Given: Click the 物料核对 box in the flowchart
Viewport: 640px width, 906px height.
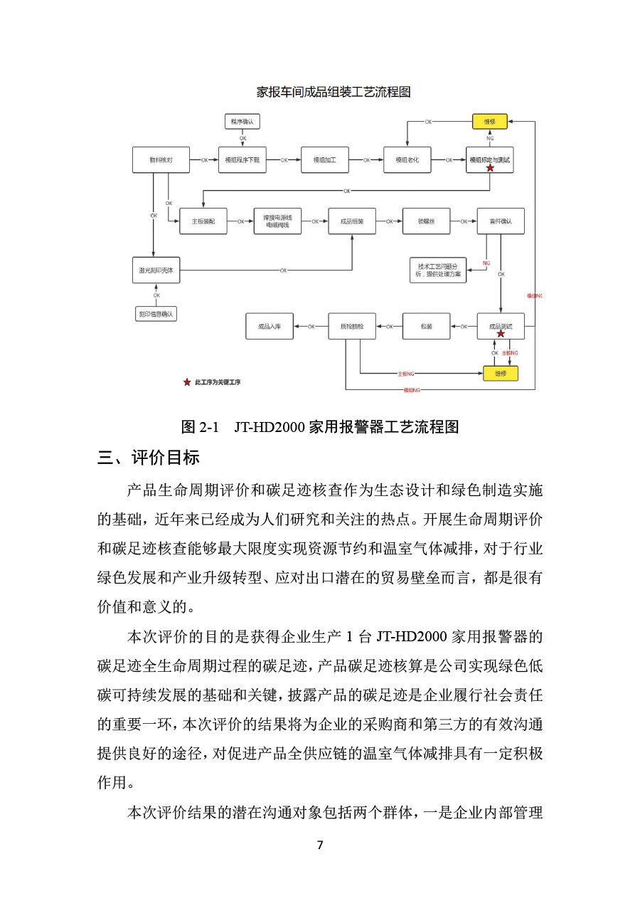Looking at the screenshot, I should click(161, 160).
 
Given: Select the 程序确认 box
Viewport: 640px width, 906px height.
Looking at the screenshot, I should click(242, 122).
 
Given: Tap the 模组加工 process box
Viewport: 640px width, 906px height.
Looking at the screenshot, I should click(324, 160).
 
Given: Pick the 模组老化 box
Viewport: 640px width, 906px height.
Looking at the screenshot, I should click(407, 160).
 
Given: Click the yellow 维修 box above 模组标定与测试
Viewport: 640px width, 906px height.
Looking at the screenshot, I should click(490, 122).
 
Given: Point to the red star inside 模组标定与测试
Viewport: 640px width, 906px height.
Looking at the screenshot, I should click(490, 168).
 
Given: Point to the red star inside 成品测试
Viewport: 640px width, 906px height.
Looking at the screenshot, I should click(501, 333).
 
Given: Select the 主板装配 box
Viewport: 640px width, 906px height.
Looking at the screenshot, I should click(203, 221).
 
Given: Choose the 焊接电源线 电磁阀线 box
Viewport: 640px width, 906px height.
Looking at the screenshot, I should click(277, 221).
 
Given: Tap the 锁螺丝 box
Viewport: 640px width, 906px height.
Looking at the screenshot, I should click(426, 221).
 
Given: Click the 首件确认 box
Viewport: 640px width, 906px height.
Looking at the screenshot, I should click(500, 221).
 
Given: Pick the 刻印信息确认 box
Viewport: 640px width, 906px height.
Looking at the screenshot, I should click(156, 313).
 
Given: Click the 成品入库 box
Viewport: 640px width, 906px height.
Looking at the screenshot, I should click(269, 327).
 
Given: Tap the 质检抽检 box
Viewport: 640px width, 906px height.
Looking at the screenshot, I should click(351, 327).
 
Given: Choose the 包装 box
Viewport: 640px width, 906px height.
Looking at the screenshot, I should click(426, 327).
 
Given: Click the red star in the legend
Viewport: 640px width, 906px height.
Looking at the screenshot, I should click(187, 382).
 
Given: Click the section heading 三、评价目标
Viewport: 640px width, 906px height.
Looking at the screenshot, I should click(149, 458).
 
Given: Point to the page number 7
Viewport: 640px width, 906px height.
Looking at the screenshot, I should click(320, 845).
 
